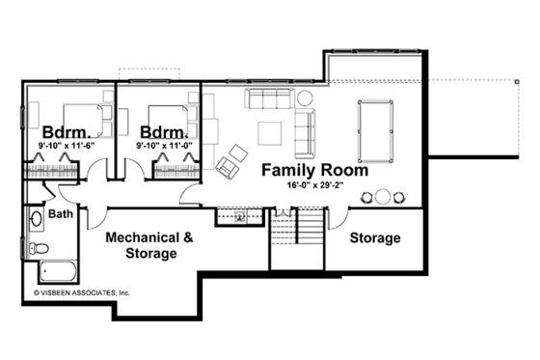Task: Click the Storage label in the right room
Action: (374, 237)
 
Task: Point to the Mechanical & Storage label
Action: (148, 245)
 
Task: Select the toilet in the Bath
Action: (37, 248)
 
